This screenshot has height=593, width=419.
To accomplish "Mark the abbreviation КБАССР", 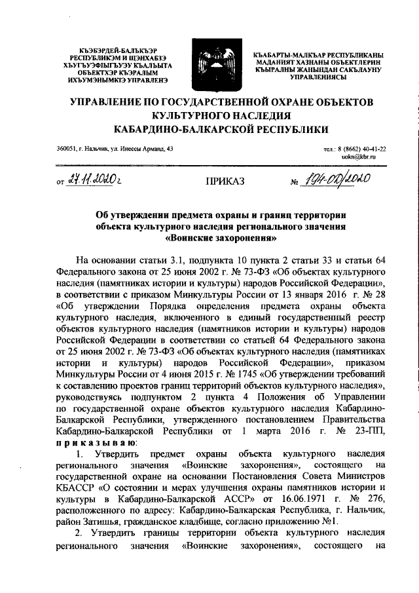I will (x=77, y=495).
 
